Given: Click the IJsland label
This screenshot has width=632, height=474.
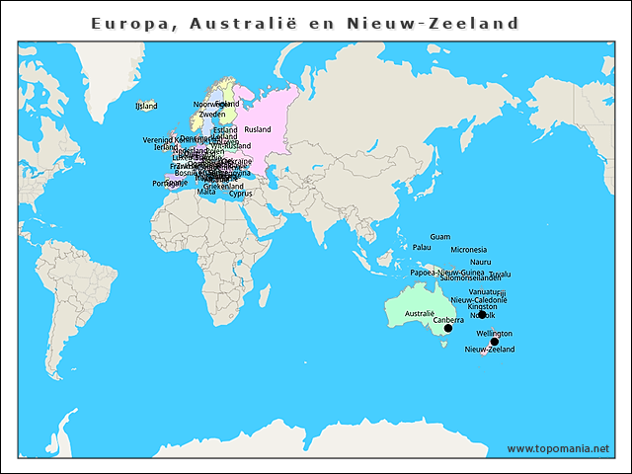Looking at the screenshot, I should (x=146, y=106).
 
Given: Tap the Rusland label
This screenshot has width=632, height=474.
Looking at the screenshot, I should (x=257, y=129).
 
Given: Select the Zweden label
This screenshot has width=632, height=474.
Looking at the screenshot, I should (x=211, y=115).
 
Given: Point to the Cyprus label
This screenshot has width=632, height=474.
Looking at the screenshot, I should (x=240, y=194).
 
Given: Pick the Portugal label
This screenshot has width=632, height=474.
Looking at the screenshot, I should (x=165, y=184).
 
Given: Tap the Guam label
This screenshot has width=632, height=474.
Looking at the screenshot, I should (x=440, y=237).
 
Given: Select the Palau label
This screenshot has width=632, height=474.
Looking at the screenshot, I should (x=422, y=247).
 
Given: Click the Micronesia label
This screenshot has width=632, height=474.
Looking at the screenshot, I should (x=468, y=250).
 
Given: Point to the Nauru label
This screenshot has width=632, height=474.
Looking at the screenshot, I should (x=481, y=262).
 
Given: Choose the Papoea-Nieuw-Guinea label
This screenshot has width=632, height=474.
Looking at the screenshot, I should (x=446, y=272).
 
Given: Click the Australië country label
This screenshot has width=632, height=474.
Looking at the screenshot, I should (x=420, y=313).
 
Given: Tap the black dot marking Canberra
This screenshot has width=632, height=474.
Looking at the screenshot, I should (x=448, y=328).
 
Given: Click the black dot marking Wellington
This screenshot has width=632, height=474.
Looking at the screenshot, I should (x=495, y=342).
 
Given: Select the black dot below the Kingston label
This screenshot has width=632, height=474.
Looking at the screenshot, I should (x=482, y=314).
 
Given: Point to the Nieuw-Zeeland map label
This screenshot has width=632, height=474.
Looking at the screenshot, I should (x=489, y=350).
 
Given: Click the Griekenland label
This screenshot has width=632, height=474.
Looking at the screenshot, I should (x=223, y=186).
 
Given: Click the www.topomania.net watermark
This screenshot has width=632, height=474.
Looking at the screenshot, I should (x=558, y=448).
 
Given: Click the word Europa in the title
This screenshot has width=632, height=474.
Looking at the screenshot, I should (x=127, y=23).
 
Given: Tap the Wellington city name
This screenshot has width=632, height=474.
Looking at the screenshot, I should (x=494, y=334).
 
